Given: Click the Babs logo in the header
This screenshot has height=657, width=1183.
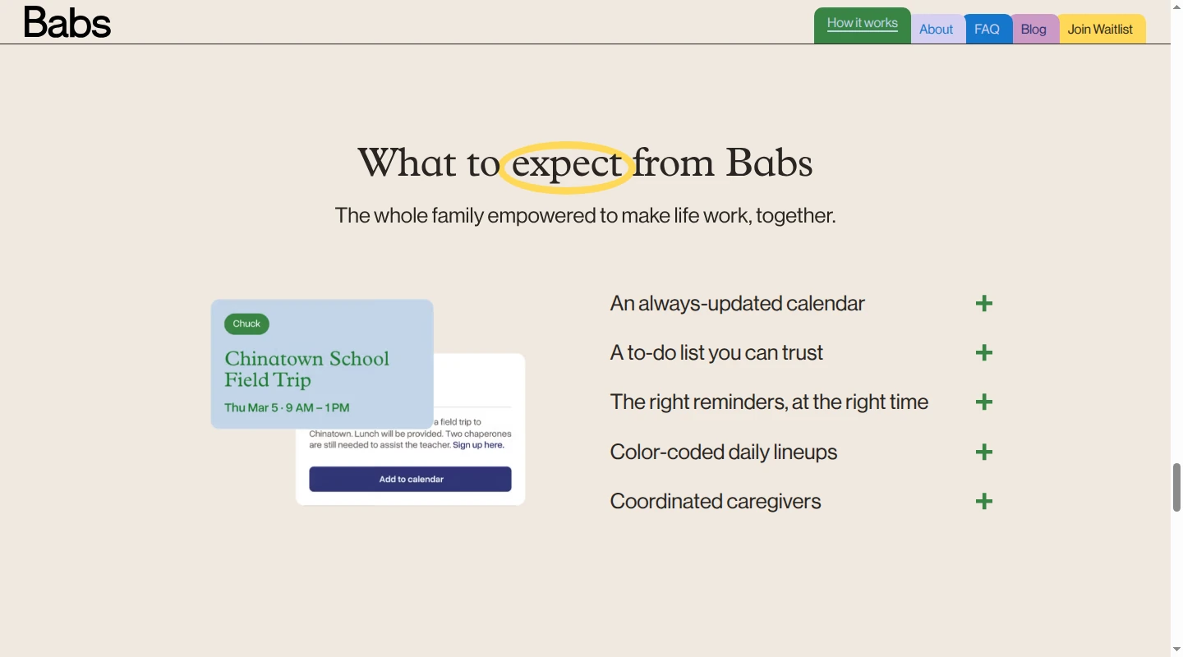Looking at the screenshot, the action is pyautogui.click(x=67, y=22).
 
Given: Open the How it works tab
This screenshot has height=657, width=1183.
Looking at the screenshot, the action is pyautogui.click(x=862, y=25).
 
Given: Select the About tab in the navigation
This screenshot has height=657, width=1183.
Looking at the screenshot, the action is pyautogui.click(x=936, y=29).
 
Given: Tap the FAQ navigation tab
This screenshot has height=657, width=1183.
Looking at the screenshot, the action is pyautogui.click(x=987, y=29).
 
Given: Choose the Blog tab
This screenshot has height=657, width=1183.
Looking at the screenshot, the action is pyautogui.click(x=1033, y=29).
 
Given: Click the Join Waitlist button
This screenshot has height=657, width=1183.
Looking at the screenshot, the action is pyautogui.click(x=1100, y=29).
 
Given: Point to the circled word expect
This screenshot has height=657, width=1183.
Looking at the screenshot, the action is pyautogui.click(x=566, y=165).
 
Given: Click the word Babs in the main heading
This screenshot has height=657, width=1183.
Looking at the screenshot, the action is pyautogui.click(x=769, y=163).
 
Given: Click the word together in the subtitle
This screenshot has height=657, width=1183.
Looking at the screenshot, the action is pyautogui.click(x=795, y=215).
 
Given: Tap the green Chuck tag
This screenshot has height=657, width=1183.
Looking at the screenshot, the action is pyautogui.click(x=246, y=324).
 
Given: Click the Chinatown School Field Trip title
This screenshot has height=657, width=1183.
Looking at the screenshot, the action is pyautogui.click(x=307, y=370).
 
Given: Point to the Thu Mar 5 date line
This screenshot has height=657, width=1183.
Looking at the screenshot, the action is pyautogui.click(x=287, y=407).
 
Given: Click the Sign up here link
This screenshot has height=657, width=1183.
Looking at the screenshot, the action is pyautogui.click(x=478, y=444).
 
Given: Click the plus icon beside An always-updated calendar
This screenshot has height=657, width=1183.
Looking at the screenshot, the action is pyautogui.click(x=984, y=304).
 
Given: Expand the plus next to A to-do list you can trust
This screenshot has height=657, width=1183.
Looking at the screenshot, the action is pyautogui.click(x=984, y=353).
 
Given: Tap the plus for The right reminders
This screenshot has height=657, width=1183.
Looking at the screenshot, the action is pyautogui.click(x=984, y=402).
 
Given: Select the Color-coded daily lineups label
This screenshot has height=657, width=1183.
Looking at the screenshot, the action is pyautogui.click(x=724, y=452).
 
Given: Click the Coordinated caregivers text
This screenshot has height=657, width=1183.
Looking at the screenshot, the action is pyautogui.click(x=716, y=501).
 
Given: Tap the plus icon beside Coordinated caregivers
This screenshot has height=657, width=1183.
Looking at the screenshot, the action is pyautogui.click(x=984, y=501).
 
